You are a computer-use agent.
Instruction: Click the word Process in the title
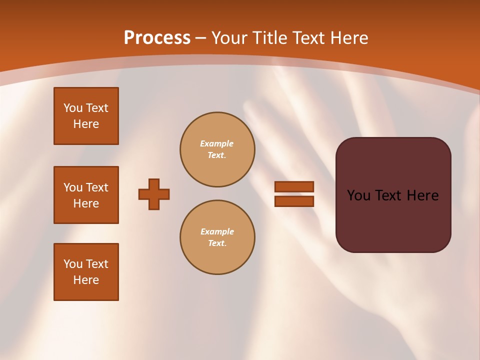pyautogui.click(x=157, y=38)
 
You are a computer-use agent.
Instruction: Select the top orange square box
pyautogui.click(x=86, y=116)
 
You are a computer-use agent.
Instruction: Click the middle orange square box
pyautogui.click(x=86, y=195)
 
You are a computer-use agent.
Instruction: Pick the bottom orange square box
pyautogui.click(x=86, y=272)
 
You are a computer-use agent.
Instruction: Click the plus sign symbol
pyautogui.click(x=154, y=194)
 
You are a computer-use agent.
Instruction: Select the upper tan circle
pyautogui.click(x=217, y=149)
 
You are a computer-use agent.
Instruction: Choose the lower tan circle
pyautogui.click(x=217, y=237)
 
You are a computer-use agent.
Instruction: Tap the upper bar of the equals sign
pyautogui.click(x=294, y=186)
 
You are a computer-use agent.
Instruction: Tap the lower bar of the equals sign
pyautogui.click(x=294, y=201)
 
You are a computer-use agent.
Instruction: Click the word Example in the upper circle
pyautogui.click(x=217, y=143)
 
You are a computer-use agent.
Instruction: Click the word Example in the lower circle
pyautogui.click(x=217, y=231)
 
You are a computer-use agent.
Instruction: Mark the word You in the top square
pyautogui.click(x=72, y=108)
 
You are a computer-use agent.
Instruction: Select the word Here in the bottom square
pyautogui.click(x=86, y=280)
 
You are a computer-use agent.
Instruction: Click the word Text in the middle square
pyautogui.click(x=97, y=187)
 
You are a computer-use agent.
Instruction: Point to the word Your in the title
pyautogui.click(x=228, y=38)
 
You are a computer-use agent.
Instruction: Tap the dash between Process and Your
pyautogui.click(x=200, y=38)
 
